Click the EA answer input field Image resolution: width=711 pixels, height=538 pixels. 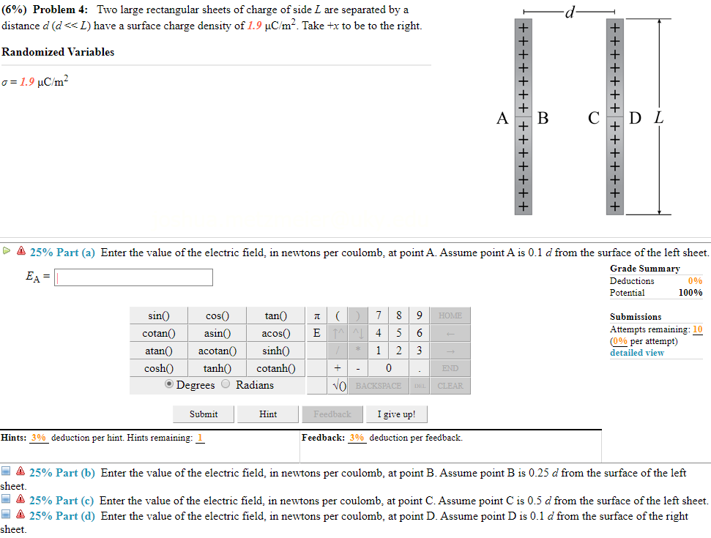click(133, 277)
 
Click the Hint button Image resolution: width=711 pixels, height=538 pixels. click(268, 414)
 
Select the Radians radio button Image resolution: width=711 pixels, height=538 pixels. click(226, 385)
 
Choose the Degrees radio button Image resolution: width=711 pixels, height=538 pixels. click(170, 385)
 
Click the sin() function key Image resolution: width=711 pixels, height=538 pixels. click(159, 316)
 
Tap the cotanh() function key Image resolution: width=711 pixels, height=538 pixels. click(276, 368)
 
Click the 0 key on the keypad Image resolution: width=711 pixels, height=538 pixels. click(388, 368)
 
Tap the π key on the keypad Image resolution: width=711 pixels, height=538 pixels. click(316, 316)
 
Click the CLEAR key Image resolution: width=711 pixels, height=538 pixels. click(450, 386)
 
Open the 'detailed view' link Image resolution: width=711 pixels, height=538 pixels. click(637, 353)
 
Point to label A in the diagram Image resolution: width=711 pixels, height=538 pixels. click(502, 118)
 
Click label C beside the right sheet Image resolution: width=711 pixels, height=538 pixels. click(594, 118)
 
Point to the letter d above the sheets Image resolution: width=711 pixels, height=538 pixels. click(568, 11)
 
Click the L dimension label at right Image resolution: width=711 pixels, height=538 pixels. click(660, 117)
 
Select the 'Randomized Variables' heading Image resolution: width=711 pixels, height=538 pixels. click(58, 52)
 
